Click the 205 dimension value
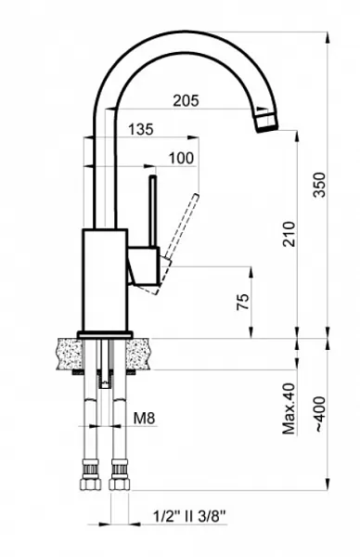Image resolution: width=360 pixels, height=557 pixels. pyautogui.click(x=186, y=100)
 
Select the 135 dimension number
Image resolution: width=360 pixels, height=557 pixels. pyautogui.click(x=141, y=129)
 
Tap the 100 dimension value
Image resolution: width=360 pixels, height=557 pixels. pyautogui.click(x=181, y=158)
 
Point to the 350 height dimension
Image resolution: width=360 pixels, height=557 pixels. pyautogui.click(x=319, y=185)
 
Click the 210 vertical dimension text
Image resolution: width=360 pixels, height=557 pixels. pyautogui.click(x=289, y=234)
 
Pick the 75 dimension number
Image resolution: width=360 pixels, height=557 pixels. pyautogui.click(x=243, y=302)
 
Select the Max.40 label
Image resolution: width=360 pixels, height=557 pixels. pyautogui.click(x=289, y=408)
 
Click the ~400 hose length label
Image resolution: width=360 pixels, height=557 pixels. pyautogui.click(x=320, y=415)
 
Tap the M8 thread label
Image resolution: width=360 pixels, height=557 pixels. pyautogui.click(x=145, y=418)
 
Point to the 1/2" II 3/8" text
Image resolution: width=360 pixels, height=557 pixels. pyautogui.click(x=189, y=516)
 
